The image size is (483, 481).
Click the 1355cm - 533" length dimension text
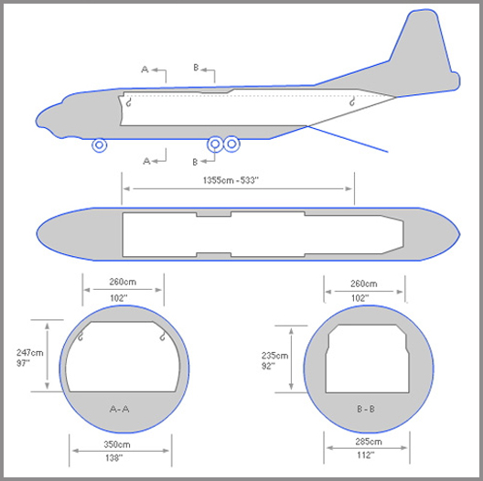pyautogui.click(x=231, y=180)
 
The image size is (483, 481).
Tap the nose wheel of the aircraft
pyautogui.click(x=100, y=145)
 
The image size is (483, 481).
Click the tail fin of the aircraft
pyautogui.click(x=425, y=51)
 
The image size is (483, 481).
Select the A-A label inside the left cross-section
pyautogui.click(x=120, y=409)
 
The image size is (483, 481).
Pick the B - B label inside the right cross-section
pyautogui.click(x=366, y=409)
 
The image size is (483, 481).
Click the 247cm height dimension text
pyautogui.click(x=30, y=353)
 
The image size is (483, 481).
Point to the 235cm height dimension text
pyautogui.click(x=274, y=356)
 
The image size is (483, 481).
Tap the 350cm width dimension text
pyautogui.click(x=117, y=444)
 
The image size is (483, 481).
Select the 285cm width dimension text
pyautogui.click(x=369, y=442)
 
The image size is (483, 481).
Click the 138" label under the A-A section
pyautogui.click(x=113, y=458)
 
